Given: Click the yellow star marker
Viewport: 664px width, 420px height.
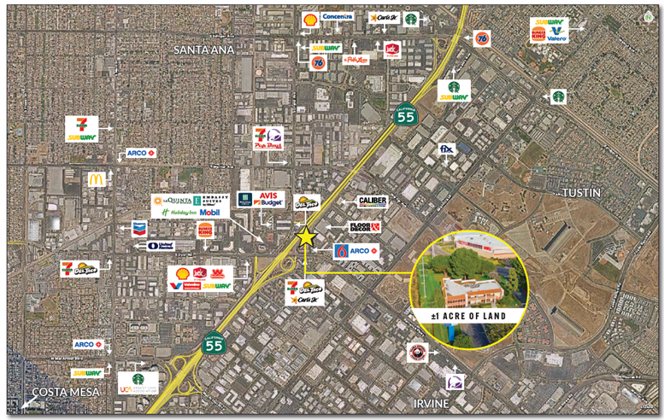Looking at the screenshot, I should (x=306, y=237).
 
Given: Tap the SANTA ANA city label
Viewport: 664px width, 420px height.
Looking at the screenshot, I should (x=203, y=50).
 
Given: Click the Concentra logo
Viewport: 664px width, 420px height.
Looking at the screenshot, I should (x=338, y=17).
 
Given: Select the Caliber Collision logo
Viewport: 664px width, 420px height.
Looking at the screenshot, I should (x=373, y=202).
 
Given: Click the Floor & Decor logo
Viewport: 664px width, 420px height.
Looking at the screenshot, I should (x=365, y=228).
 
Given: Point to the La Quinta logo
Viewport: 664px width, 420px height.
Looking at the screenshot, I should (x=167, y=201).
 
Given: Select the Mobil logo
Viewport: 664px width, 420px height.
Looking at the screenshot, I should (x=209, y=212).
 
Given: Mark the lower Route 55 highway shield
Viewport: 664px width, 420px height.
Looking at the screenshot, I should (x=214, y=343).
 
